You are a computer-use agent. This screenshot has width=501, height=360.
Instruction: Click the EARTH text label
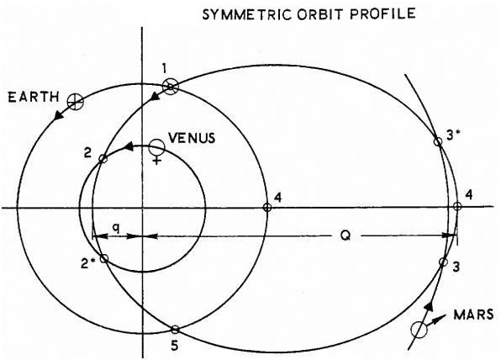click(x=34, y=97)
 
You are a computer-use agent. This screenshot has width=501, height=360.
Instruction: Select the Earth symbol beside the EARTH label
click(x=76, y=102)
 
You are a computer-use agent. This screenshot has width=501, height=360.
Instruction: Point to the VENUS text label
click(x=192, y=138)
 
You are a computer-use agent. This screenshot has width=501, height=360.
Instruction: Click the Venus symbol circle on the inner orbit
click(x=157, y=146)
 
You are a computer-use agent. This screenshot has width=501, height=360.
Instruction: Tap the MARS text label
click(x=473, y=315)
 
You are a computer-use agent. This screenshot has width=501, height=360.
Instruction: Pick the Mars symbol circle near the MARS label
click(x=419, y=330)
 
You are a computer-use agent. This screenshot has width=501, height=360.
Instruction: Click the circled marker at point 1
click(x=171, y=87)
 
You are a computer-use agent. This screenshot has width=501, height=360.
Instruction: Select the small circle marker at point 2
click(x=103, y=158)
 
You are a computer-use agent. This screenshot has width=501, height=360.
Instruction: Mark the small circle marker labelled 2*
click(x=104, y=258)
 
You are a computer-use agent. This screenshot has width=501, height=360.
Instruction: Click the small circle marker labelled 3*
click(x=439, y=141)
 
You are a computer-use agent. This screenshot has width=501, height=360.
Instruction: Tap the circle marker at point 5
click(x=175, y=329)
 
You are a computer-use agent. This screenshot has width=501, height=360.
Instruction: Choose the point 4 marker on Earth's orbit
click(x=267, y=208)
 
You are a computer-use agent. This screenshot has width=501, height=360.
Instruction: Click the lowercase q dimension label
click(x=117, y=228)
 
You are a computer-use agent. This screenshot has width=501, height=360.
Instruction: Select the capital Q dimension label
click(x=345, y=236)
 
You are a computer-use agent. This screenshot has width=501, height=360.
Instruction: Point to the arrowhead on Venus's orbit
click(x=129, y=146)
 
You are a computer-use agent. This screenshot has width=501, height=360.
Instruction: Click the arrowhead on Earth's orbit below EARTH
click(x=59, y=115)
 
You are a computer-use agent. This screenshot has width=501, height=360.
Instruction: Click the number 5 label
click(x=175, y=346)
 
